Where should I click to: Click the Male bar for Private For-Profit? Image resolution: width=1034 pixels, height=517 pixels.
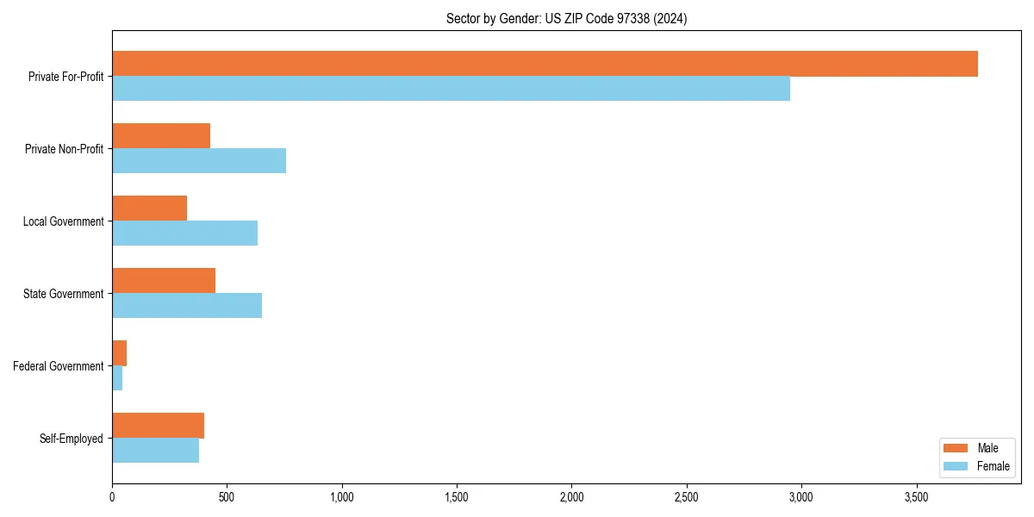tap(545, 64)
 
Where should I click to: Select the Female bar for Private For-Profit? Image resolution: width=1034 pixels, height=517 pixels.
tap(451, 89)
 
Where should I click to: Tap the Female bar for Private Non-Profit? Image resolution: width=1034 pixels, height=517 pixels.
tap(199, 161)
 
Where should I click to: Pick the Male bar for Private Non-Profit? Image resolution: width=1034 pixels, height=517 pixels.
tap(161, 136)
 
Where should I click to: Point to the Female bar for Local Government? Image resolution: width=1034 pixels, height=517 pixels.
tap(184, 234)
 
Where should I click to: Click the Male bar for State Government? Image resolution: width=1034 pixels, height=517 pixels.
tap(164, 281)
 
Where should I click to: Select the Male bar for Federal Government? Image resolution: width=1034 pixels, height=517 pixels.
tap(120, 353)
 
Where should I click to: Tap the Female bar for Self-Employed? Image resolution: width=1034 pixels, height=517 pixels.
tap(155, 451)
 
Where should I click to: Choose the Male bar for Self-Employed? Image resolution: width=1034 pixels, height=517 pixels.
tap(158, 426)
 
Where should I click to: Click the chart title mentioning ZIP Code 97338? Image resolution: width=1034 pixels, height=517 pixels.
tap(566, 18)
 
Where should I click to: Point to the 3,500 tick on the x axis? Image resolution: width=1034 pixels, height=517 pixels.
tap(916, 497)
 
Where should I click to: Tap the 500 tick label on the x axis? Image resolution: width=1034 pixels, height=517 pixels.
tap(227, 497)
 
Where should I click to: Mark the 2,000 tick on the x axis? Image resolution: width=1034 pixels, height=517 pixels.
tap(571, 497)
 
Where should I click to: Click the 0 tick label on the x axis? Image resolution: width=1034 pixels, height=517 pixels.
tap(112, 497)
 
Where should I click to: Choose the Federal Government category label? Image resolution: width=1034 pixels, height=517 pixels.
tap(59, 366)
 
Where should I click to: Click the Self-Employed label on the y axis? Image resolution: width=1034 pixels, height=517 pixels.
tap(72, 439)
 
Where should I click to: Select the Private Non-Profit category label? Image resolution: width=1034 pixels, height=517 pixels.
tap(64, 149)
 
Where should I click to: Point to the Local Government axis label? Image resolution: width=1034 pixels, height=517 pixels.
tap(63, 221)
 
